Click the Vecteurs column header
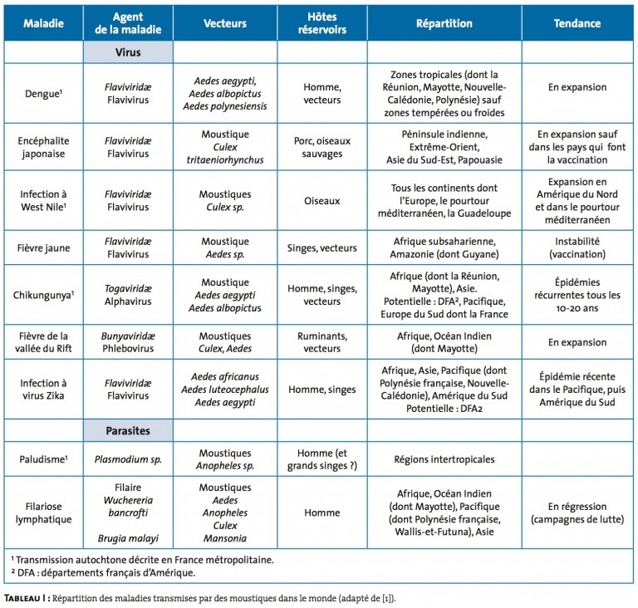pyautogui.click(x=225, y=23)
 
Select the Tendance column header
pyautogui.click(x=577, y=23)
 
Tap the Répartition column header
pyautogui.click(x=444, y=23)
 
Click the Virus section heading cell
pyautogui.click(x=128, y=52)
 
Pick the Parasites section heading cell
pyautogui.click(x=128, y=430)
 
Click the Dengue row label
pyautogui.click(x=43, y=94)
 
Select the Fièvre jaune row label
pyautogui.click(x=43, y=248)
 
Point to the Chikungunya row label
pyautogui.click(x=43, y=295)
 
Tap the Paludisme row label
pyautogui.click(x=43, y=459)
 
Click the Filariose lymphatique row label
pyautogui.click(x=43, y=512)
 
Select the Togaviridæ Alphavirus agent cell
pyautogui.click(x=128, y=295)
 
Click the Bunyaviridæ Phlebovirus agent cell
pyautogui.click(x=128, y=342)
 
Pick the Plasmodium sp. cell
pyautogui.click(x=128, y=459)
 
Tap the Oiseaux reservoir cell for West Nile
pyautogui.click(x=321, y=201)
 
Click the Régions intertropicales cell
pyautogui.click(x=444, y=459)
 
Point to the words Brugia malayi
pyautogui.click(x=128, y=538)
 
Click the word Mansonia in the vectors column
pyautogui.click(x=225, y=538)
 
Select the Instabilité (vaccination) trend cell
pyautogui.click(x=577, y=248)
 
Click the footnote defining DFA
pyautogui.click(x=103, y=572)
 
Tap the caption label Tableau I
pyautogui.click(x=27, y=598)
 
